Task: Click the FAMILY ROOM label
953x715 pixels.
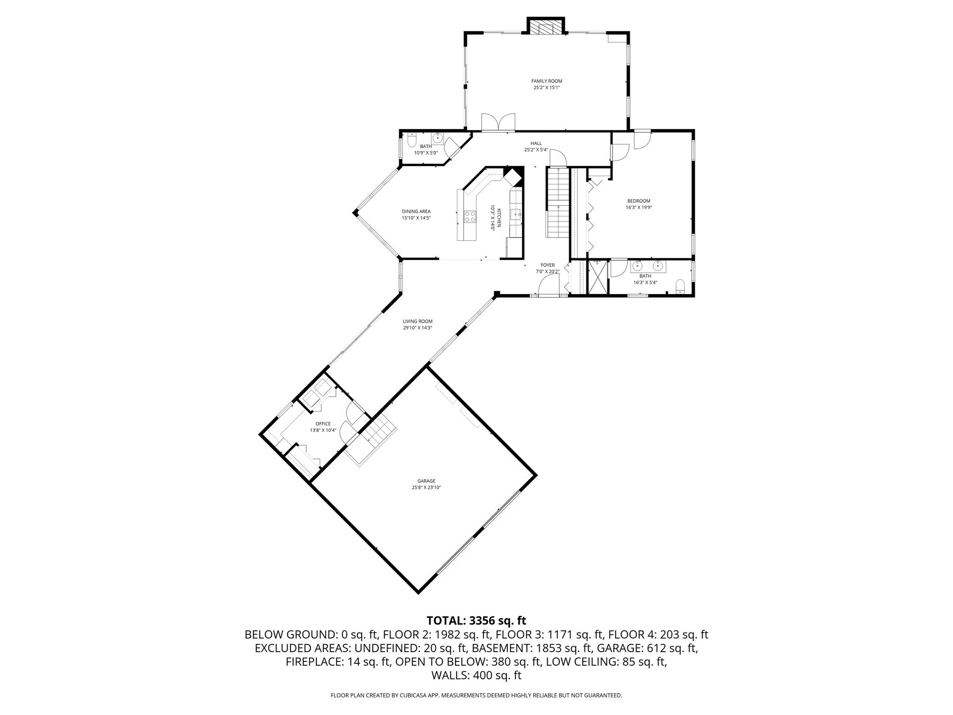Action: pyautogui.click(x=546, y=81)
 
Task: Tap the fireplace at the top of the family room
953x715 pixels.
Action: pyautogui.click(x=546, y=27)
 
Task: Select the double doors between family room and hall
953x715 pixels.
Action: pyautogui.click(x=498, y=122)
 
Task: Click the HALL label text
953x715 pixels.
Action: pyautogui.click(x=536, y=143)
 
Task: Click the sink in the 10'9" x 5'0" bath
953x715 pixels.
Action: pyautogui.click(x=437, y=138)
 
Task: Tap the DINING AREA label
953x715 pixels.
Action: pyautogui.click(x=416, y=211)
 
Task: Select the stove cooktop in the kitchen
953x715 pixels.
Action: pyautogui.click(x=470, y=216)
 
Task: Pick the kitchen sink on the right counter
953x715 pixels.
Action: pyautogui.click(x=516, y=214)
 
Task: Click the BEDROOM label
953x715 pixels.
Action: pyautogui.click(x=638, y=201)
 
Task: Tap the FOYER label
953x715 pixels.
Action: pyautogui.click(x=547, y=265)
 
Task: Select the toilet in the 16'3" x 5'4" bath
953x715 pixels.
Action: pyautogui.click(x=680, y=286)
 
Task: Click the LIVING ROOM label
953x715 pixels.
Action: pyautogui.click(x=417, y=321)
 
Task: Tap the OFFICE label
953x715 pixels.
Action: pyautogui.click(x=323, y=424)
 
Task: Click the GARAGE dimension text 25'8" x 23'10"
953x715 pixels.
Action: pyautogui.click(x=426, y=487)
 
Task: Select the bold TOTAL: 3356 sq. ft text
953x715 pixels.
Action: pyautogui.click(x=476, y=621)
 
